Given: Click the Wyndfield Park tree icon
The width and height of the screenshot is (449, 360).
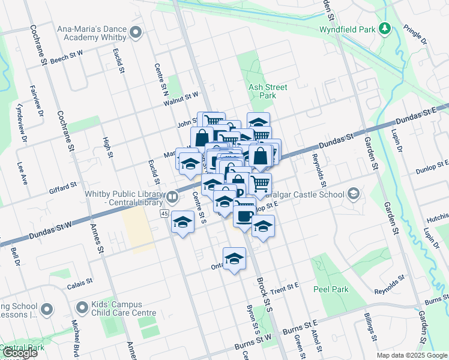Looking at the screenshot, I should (x=385, y=28).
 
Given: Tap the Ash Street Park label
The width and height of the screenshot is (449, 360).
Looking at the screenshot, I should (x=268, y=91).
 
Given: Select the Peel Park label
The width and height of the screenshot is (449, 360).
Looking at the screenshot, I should (x=331, y=289).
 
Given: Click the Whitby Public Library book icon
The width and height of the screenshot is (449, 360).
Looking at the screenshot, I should (x=172, y=196).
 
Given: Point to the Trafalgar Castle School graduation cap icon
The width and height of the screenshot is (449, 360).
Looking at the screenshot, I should (x=354, y=194).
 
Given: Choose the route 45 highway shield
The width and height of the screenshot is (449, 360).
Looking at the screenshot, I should (x=164, y=214).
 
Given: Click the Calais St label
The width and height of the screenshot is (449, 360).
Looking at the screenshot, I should (x=79, y=281).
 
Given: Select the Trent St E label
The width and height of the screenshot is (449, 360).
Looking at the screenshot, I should (x=285, y=287).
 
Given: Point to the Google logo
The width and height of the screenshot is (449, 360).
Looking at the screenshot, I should (x=20, y=353).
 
